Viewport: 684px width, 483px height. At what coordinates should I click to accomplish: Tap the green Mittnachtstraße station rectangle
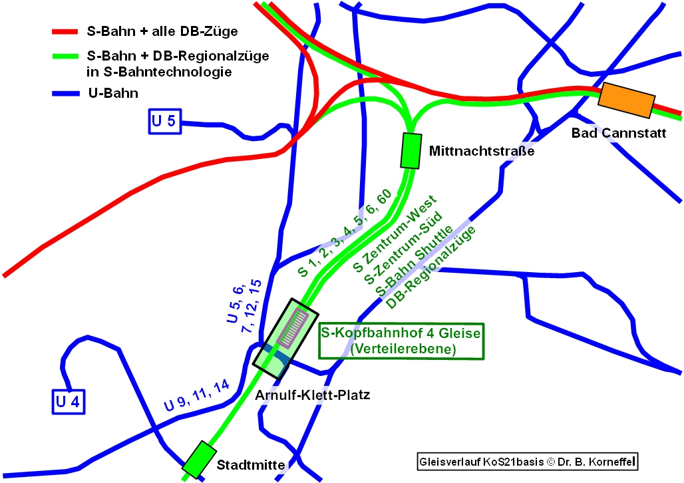(x=411, y=150)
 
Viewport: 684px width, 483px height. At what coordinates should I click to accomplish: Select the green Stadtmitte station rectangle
(x=196, y=459)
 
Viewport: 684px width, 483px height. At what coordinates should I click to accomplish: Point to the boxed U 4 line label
(x=69, y=401)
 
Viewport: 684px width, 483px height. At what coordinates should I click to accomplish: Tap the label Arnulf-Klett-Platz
(x=312, y=395)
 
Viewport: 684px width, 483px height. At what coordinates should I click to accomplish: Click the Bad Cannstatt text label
(x=618, y=132)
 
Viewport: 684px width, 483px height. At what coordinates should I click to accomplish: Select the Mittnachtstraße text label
(x=482, y=151)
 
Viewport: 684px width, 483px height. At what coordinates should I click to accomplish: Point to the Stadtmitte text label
(x=252, y=465)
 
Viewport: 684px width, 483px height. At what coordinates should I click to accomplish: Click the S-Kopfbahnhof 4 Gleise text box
(x=401, y=340)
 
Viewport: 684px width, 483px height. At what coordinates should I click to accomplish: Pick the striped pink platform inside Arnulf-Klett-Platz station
(x=293, y=327)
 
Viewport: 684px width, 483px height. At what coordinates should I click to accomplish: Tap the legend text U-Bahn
(x=113, y=93)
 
